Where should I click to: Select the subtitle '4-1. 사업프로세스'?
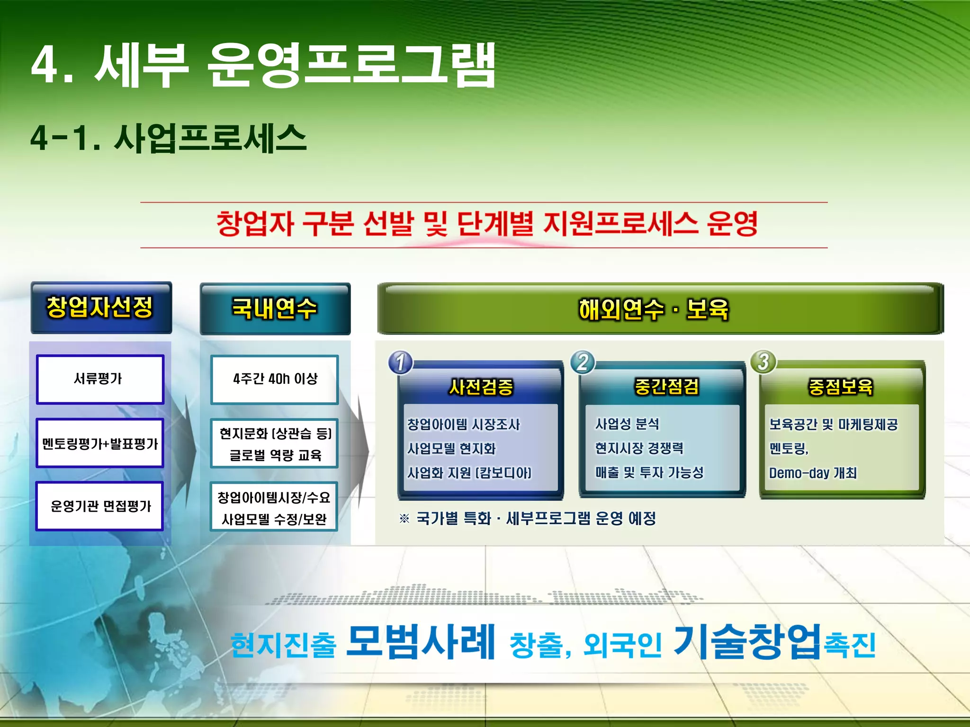(169, 138)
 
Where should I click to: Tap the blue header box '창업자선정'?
(100, 308)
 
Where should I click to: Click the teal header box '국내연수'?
(275, 309)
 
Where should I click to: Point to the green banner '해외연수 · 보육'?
(654, 310)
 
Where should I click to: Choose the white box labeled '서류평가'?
(99, 379)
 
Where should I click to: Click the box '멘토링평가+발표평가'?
(99, 443)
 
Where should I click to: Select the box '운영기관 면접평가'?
(99, 506)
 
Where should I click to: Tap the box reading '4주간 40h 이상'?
(275, 379)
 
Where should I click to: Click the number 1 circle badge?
(401, 363)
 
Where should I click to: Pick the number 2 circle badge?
(583, 363)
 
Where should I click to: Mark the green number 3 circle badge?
(763, 362)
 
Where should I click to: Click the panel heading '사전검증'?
(481, 387)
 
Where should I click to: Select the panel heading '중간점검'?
(666, 387)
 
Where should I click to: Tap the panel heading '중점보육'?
(841, 387)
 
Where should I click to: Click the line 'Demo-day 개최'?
(813, 473)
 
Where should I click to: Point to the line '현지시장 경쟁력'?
(639, 448)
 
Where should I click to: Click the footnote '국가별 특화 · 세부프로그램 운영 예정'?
(535, 518)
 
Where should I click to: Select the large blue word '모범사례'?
(421, 642)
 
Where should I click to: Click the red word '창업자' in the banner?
(255, 224)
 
